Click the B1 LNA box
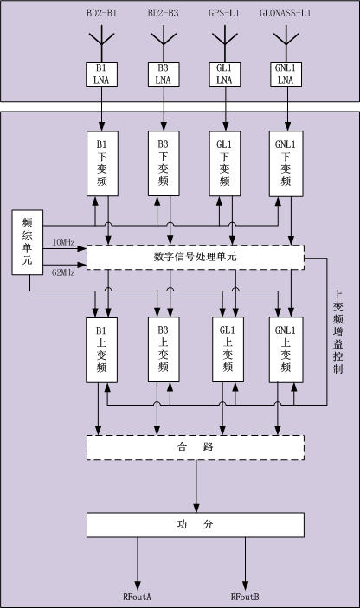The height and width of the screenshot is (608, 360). tap(101, 75)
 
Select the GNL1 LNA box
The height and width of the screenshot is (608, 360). tap(286, 75)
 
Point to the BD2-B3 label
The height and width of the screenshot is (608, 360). tap(163, 13)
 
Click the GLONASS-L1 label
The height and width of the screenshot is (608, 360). tap(285, 13)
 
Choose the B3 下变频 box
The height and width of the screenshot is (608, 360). tap(164, 163)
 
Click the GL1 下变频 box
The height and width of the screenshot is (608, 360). tap(225, 163)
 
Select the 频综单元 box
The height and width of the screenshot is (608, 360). tap(27, 242)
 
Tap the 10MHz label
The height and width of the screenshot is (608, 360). tap(63, 243)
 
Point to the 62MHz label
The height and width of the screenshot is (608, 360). tap(63, 272)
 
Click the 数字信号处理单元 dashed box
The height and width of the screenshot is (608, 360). tap(196, 257)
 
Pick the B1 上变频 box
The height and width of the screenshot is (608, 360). tap(101, 349)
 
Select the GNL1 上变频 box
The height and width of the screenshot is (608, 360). tap(286, 349)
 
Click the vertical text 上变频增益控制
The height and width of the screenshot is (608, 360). tap(337, 332)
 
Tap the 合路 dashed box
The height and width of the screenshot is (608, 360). tap(196, 447)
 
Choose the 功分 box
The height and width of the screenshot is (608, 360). tap(196, 525)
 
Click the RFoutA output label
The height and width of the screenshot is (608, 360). tap(137, 597)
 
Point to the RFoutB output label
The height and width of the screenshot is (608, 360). tap(245, 597)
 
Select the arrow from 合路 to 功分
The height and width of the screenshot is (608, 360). tap(196, 486)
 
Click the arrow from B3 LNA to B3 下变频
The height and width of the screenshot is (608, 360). tap(164, 109)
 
